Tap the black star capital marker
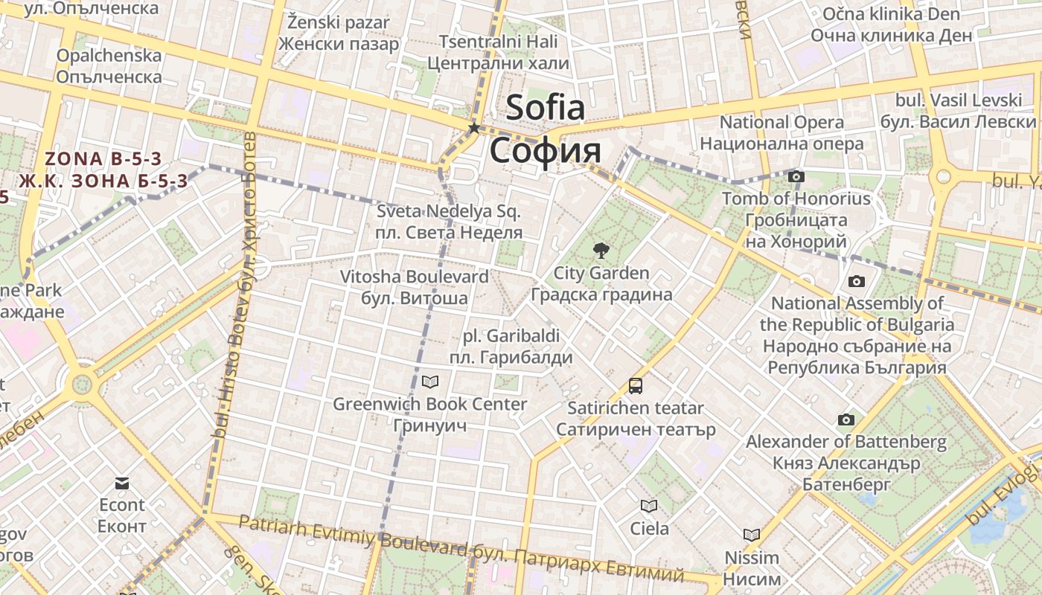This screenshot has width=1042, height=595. tap(473, 128)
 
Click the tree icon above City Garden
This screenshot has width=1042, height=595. tap(600, 251)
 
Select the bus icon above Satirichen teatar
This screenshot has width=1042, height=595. tap(636, 385)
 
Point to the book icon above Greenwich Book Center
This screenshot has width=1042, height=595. tap(430, 382)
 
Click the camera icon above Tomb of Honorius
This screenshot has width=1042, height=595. tap(796, 176)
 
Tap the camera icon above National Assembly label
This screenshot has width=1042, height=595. tap(857, 281)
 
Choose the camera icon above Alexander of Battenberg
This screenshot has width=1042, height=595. tap(846, 419)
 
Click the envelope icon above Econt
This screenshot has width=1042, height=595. tap(122, 483)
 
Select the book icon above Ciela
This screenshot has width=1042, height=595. tap(649, 506)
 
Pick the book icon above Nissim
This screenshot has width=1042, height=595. tap(752, 534)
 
